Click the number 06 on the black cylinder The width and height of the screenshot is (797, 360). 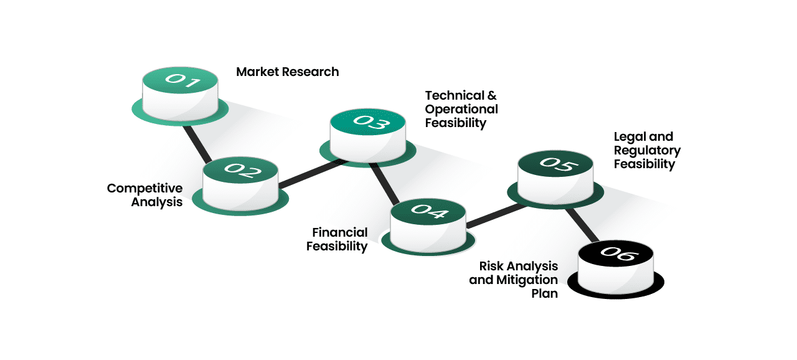click(616, 254)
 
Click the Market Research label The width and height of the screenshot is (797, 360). click(288, 72)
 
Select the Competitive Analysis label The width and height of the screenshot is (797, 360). click(145, 195)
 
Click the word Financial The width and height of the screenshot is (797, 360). click(340, 232)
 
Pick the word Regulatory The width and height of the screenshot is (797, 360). click(647, 150)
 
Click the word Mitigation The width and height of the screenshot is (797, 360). click(526, 280)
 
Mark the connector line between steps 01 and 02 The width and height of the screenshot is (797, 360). click(198, 143)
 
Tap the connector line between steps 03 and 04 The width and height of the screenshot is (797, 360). click(384, 184)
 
